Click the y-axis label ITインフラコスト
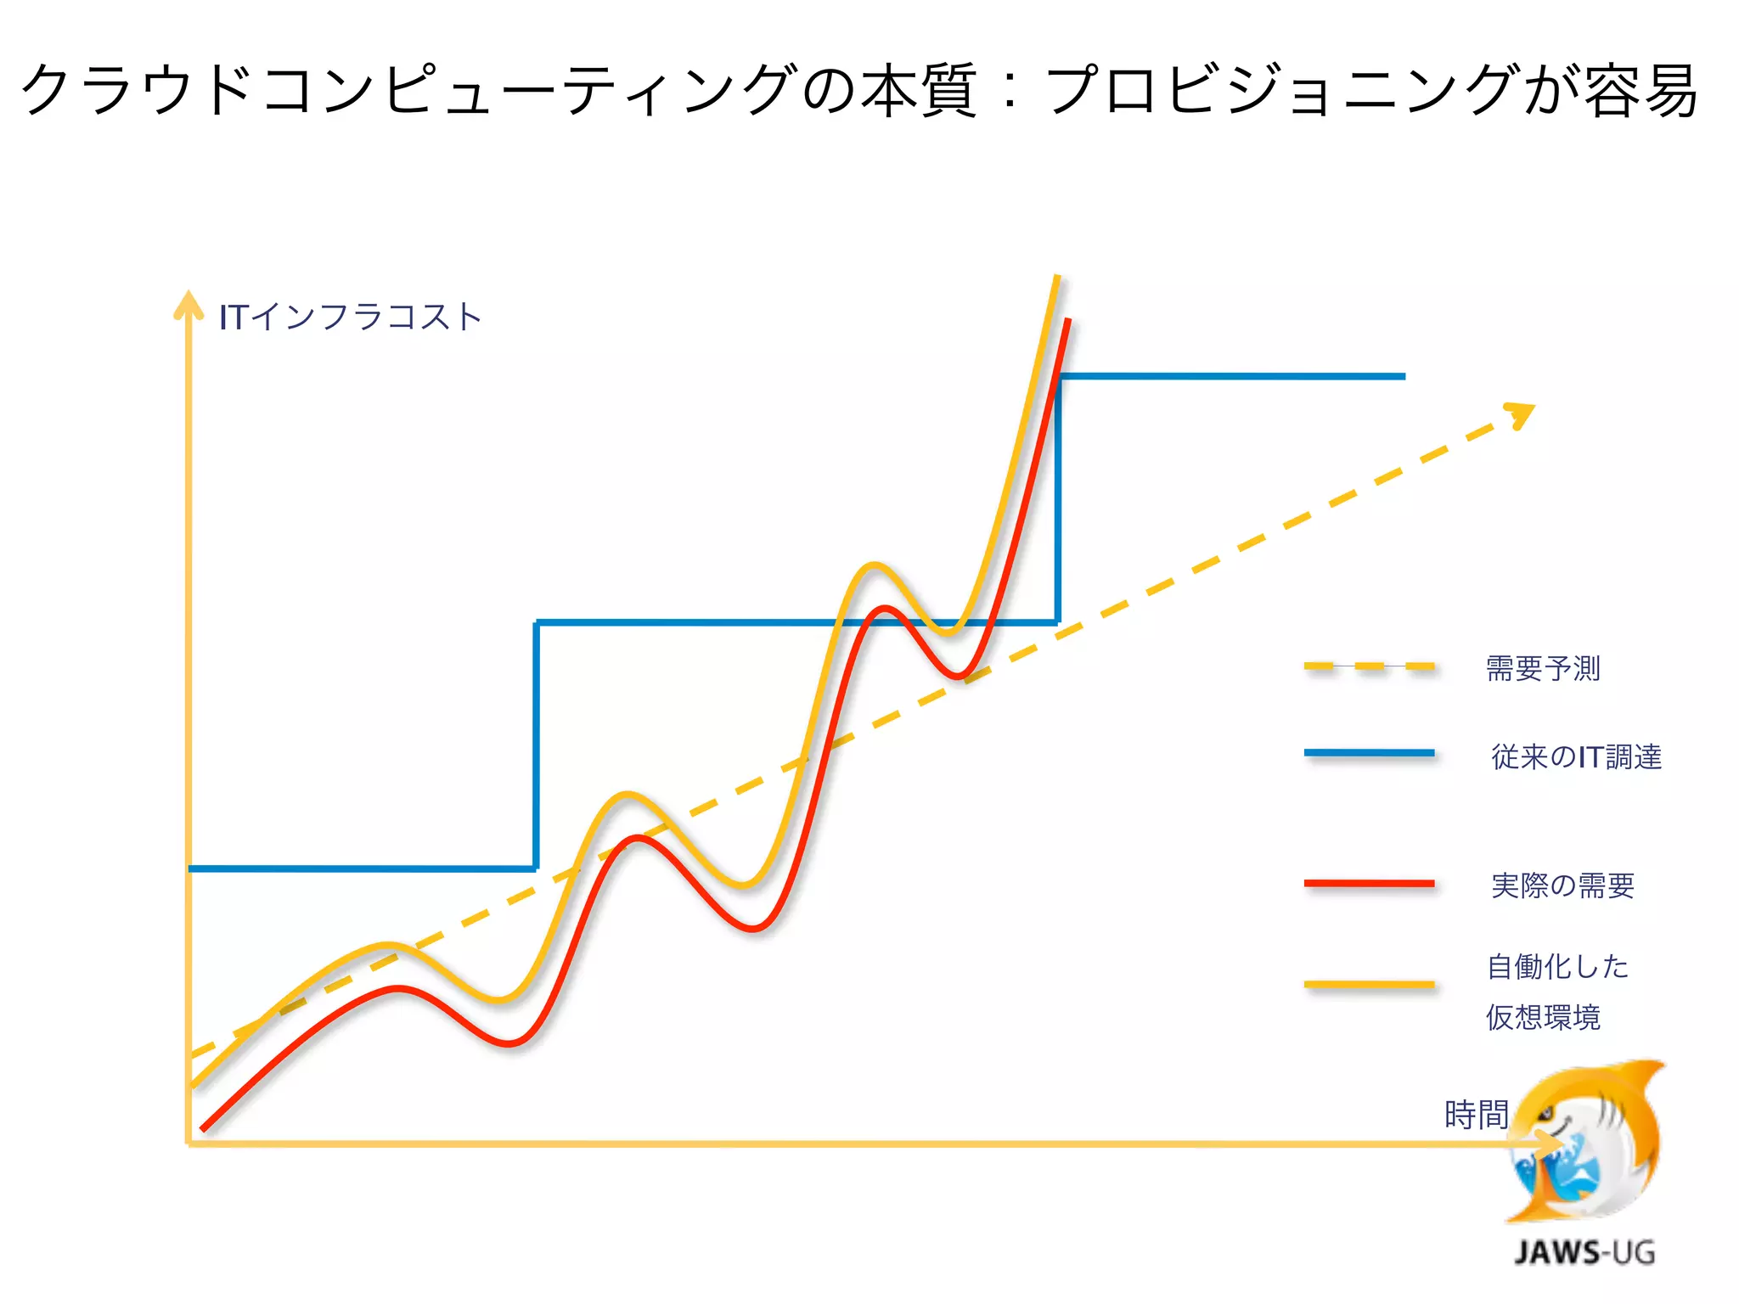[350, 317]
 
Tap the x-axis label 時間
[1476, 1115]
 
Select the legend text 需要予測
[1543, 668]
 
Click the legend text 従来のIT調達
[1576, 756]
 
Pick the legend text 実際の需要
[1562, 885]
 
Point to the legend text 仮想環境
[1543, 1017]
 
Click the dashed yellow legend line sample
[1369, 667]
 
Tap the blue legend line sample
[1369, 753]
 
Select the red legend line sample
[1369, 884]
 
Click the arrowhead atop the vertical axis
[189, 304]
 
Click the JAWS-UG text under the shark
[1584, 1252]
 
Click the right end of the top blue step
[1403, 376]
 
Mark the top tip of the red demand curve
[1067, 321]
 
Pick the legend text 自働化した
[1557, 966]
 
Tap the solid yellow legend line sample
[1369, 985]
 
